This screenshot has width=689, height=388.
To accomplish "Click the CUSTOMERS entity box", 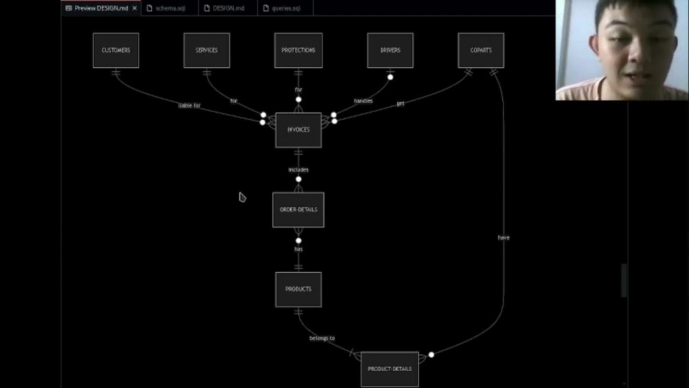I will point(116,50).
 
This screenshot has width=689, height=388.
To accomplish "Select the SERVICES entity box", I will point(207,50).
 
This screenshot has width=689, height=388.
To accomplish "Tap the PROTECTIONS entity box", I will point(298,50).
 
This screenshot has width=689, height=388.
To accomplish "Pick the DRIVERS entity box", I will point(390,50).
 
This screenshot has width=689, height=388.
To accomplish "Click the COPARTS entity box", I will point(481,50).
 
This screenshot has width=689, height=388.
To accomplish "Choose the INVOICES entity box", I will point(298,130).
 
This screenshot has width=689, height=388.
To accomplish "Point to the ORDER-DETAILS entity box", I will point(298,210).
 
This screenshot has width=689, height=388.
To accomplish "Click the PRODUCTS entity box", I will point(298,289).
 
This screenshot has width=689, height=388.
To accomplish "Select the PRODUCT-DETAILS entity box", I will point(390,369).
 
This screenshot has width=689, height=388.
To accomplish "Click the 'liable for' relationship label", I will point(189,106).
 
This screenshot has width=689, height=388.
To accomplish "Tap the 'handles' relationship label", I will point(363,101).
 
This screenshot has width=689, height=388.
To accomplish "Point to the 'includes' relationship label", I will point(298,170).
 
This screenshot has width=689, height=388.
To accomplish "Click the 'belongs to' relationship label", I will point(322,338).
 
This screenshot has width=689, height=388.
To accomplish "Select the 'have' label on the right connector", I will point(503,238).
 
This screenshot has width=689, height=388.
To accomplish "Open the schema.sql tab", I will point(170,8).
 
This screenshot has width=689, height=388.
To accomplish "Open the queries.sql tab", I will point(285,8).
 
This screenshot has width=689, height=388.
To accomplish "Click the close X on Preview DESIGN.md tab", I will point(135,8).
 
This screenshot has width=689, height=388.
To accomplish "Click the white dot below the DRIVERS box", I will point(390,77).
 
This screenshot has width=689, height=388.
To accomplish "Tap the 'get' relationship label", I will point(400,103).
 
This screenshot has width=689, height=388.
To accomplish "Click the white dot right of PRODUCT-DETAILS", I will point(431,355).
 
